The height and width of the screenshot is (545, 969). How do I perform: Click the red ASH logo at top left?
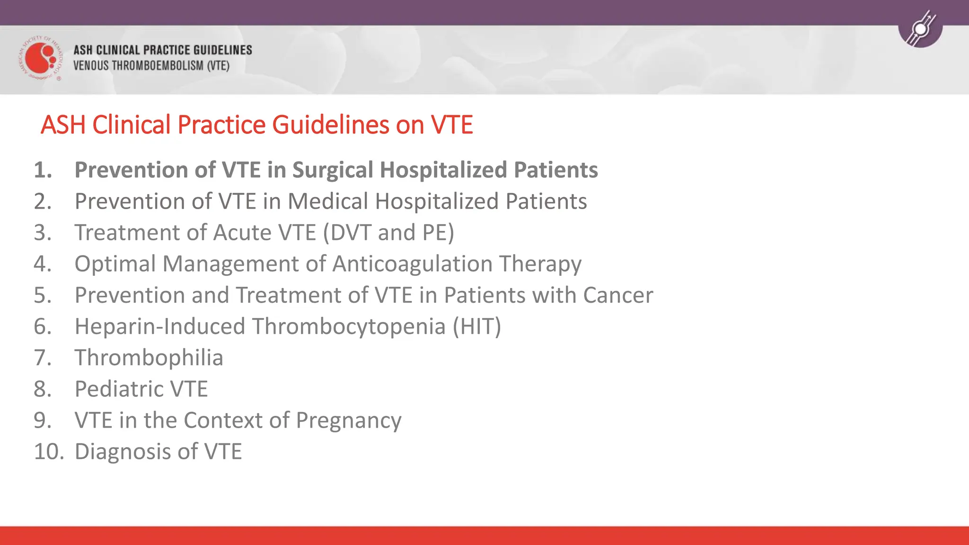click(x=40, y=58)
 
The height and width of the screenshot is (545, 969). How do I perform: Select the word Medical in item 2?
click(x=328, y=202)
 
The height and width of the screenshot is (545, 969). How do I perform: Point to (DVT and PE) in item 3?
click(x=388, y=233)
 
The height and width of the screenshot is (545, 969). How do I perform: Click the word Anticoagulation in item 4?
click(x=412, y=264)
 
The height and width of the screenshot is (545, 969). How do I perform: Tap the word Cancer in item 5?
click(x=618, y=295)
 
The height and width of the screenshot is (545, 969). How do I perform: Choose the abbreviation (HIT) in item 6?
click(x=476, y=326)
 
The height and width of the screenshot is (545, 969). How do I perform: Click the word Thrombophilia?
click(x=149, y=358)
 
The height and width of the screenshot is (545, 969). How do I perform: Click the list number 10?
click(x=48, y=451)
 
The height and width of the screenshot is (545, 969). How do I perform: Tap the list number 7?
click(x=42, y=358)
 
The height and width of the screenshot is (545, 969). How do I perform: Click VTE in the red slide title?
click(x=451, y=125)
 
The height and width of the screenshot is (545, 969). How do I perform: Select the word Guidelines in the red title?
click(x=330, y=125)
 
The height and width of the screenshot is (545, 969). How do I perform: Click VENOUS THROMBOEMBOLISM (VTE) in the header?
click(x=151, y=66)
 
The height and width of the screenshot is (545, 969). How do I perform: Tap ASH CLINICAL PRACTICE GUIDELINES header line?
click(x=162, y=50)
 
